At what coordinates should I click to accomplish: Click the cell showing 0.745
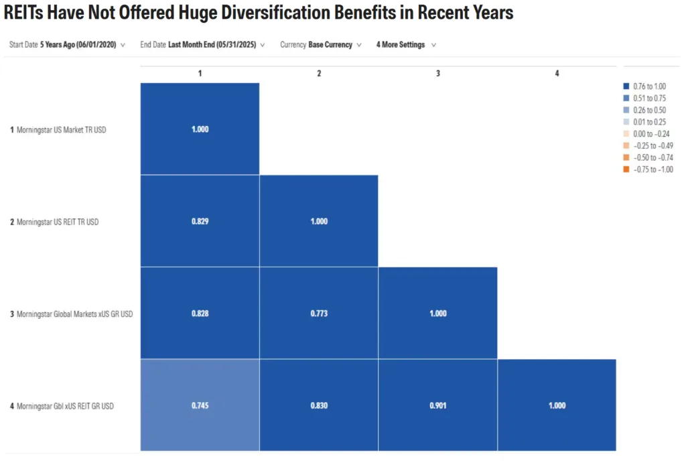point(200,405)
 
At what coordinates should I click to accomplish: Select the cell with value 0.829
point(200,221)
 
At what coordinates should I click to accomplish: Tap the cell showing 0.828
point(200,313)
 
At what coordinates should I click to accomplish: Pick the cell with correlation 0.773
point(319,313)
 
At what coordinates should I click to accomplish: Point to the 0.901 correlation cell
point(437,405)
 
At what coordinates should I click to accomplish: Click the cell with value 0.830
point(319,405)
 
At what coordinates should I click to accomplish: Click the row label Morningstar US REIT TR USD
point(58,222)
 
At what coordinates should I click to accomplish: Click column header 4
point(557,73)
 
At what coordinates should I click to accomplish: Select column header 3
point(437,73)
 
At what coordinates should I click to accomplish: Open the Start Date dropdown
point(67,45)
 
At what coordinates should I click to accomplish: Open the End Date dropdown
point(202,45)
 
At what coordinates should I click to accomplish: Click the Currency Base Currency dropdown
point(321,45)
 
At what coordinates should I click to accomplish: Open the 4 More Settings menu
point(406,45)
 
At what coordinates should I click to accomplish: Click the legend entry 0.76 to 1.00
point(648,86)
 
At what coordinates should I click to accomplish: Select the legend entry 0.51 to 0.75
point(648,98)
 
